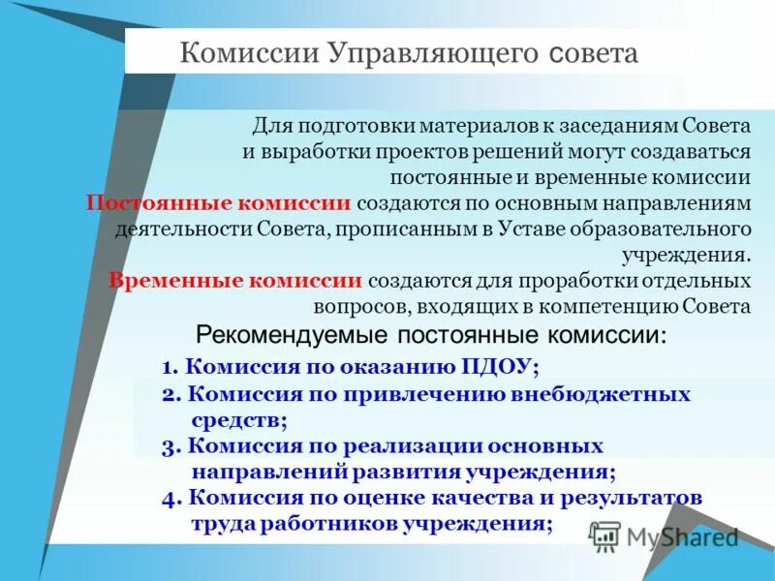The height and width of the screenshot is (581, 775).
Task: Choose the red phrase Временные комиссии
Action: [x=235, y=281]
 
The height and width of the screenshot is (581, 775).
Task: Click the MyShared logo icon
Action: [x=604, y=535]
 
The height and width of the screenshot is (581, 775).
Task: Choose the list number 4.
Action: [x=169, y=497]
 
